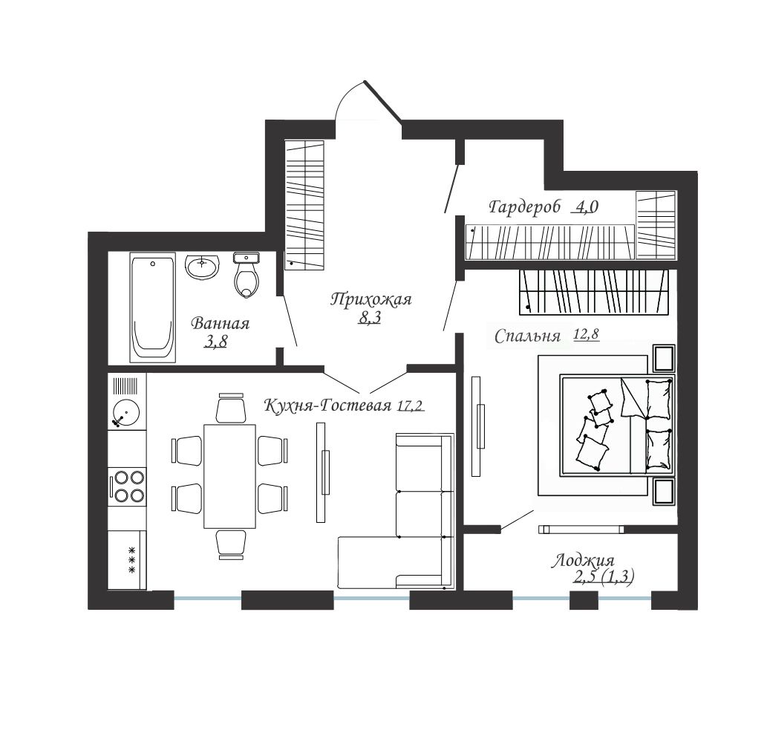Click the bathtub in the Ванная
coord(153,307)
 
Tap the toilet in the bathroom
coord(247,275)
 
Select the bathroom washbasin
coord(202,267)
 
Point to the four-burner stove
coord(127,487)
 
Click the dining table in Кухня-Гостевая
coord(230,476)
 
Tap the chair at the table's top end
coord(231,407)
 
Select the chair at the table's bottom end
coord(231,544)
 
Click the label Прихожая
coord(371,299)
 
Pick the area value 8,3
coord(370,318)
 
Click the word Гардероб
coord(524,206)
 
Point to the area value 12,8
coord(586,335)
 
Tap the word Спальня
coord(527,336)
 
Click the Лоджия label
coord(583,561)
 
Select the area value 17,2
coord(411,406)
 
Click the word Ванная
coord(220,324)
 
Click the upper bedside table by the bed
coord(664,358)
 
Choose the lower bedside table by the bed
coord(664,492)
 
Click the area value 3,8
coord(216,342)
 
